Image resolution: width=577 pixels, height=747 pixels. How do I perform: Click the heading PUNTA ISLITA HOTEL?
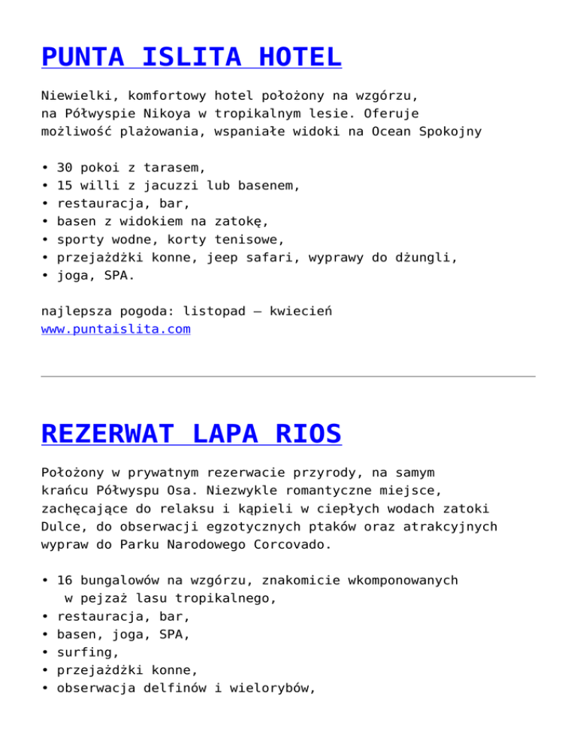tap(191, 56)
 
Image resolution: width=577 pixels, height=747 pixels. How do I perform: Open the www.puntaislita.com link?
tap(115, 329)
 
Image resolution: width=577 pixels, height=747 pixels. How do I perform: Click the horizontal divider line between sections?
tap(288, 376)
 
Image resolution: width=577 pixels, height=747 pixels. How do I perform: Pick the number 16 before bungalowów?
tap(65, 580)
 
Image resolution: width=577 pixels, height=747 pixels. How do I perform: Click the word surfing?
tap(85, 652)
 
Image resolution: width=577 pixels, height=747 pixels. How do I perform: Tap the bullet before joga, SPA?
tap(46, 276)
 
